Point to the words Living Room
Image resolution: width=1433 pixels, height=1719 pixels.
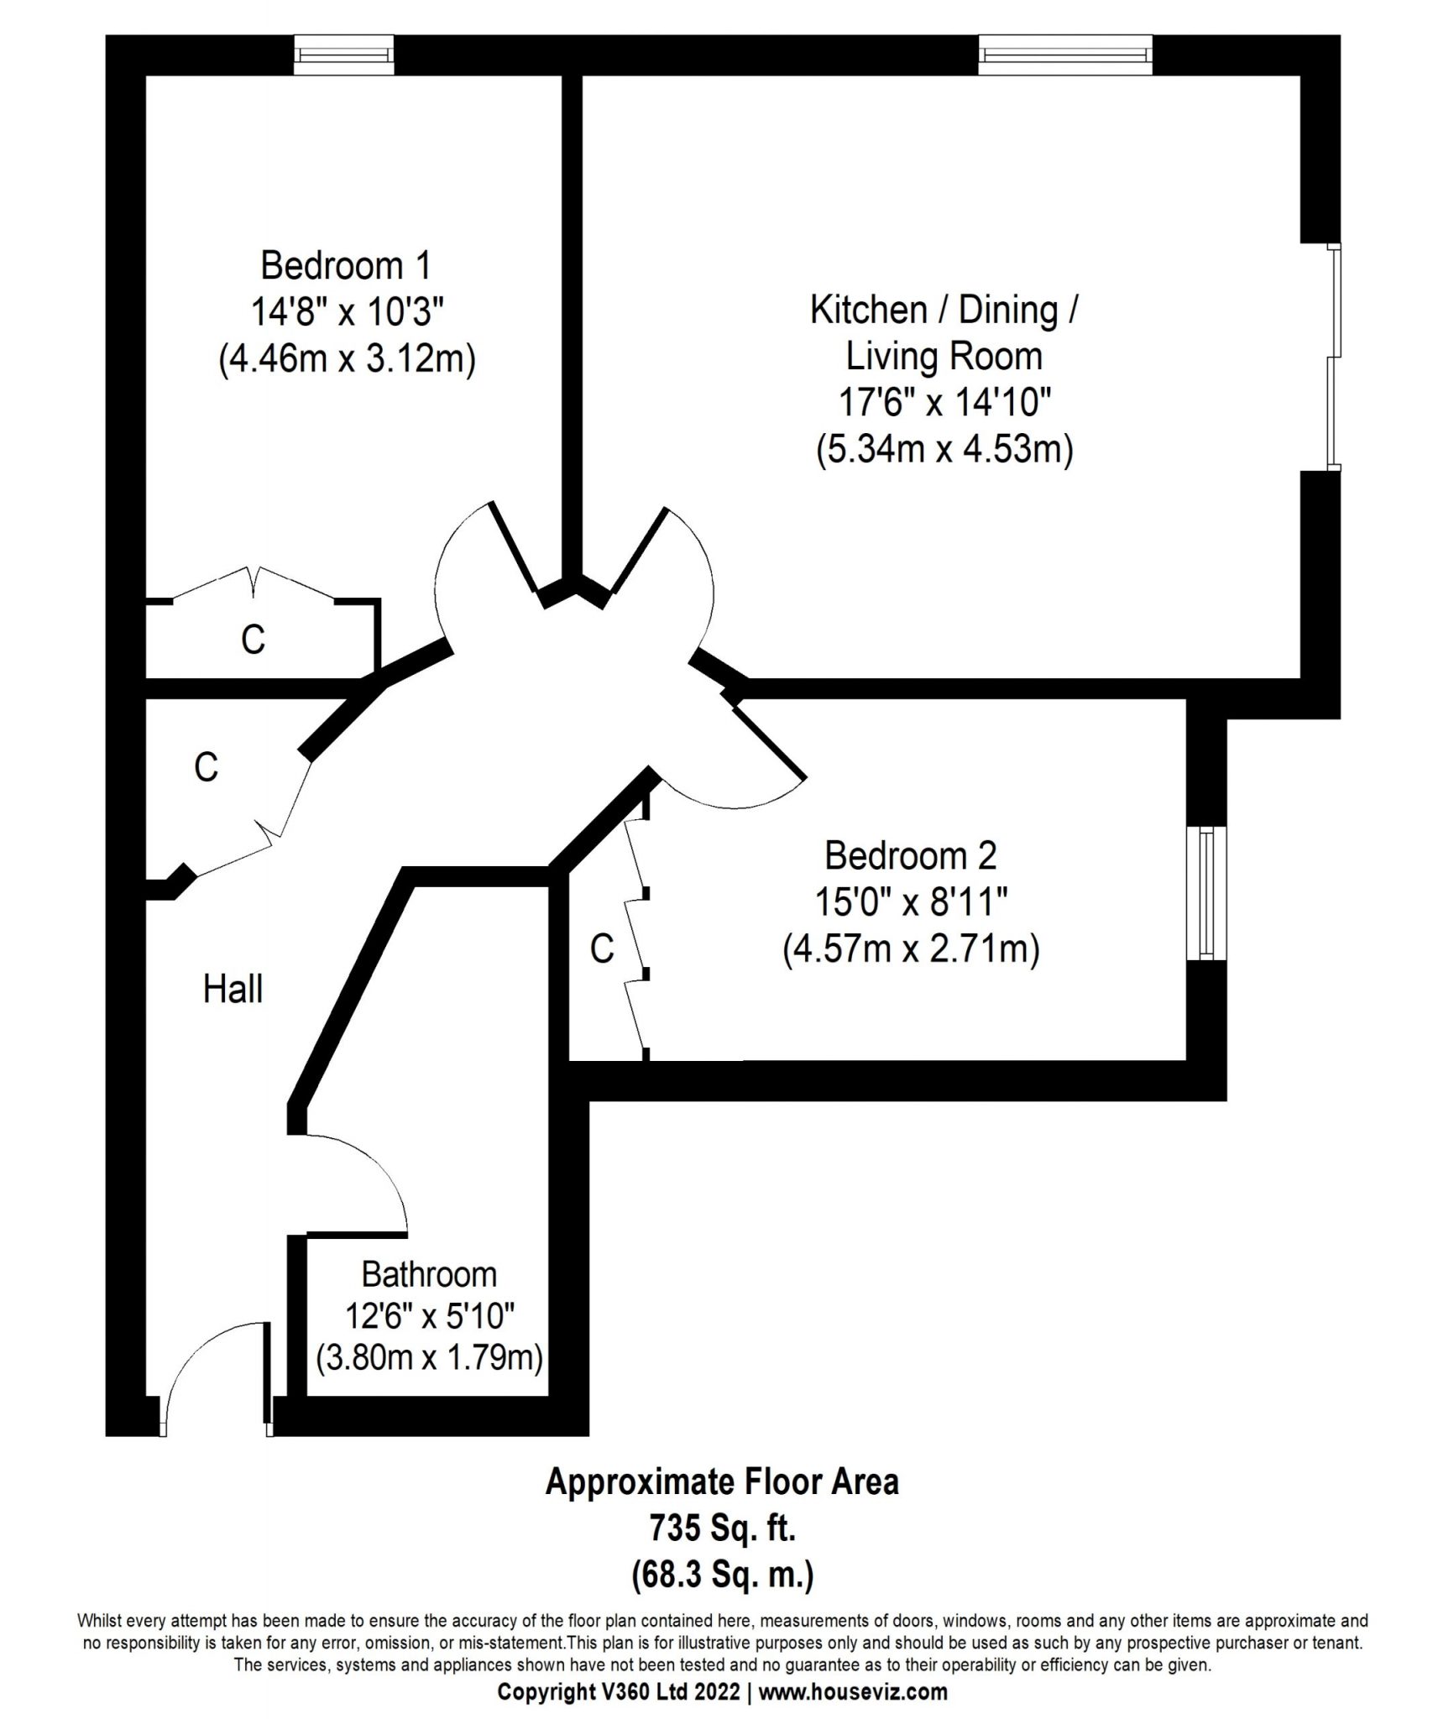[x=944, y=356]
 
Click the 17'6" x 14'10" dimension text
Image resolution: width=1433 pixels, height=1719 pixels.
[x=944, y=403]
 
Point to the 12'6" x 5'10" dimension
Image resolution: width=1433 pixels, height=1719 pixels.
[x=429, y=1316]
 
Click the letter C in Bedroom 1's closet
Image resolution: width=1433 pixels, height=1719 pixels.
[x=253, y=640]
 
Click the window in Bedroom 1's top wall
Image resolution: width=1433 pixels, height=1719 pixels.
[x=344, y=55]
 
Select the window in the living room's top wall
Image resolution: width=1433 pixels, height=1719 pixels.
[x=1066, y=55]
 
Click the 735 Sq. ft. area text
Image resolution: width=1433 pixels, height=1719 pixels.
[x=722, y=1528]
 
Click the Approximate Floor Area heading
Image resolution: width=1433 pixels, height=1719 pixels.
[x=722, y=1482]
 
